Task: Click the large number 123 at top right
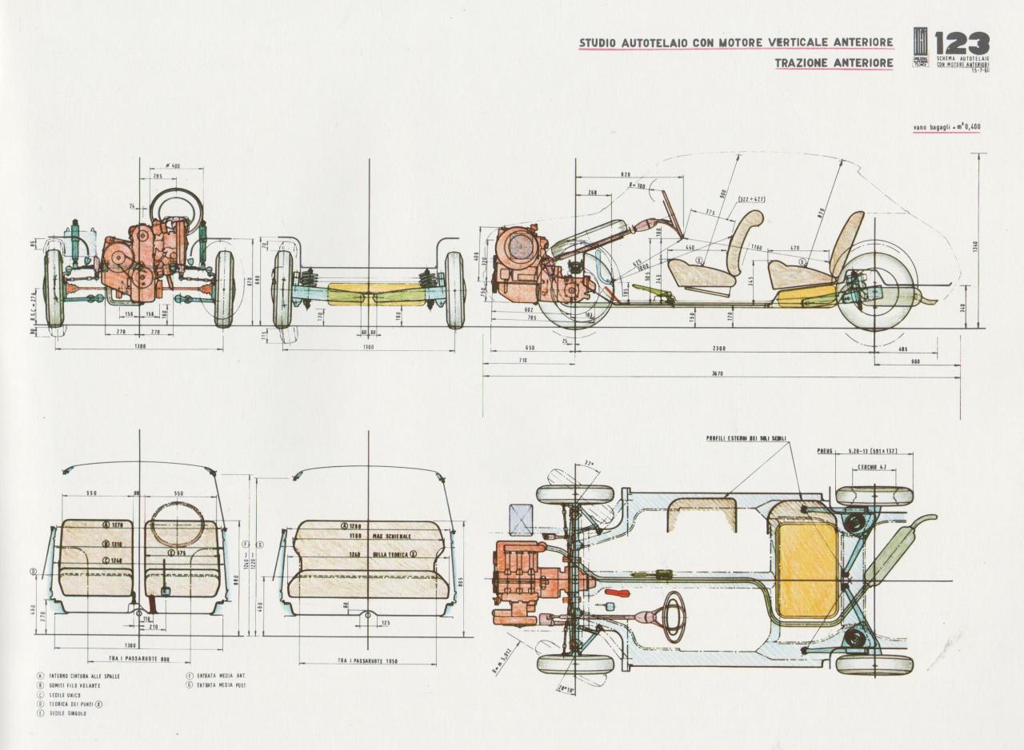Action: [x=961, y=44]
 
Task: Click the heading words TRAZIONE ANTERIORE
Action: [x=834, y=63]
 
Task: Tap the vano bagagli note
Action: [x=947, y=126]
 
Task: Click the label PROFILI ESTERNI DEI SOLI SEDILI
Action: [x=746, y=438]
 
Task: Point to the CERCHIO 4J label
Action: [x=872, y=466]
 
